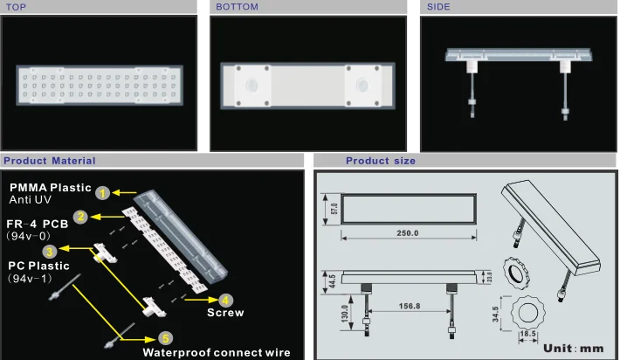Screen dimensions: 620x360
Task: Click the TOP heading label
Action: pos(16,7)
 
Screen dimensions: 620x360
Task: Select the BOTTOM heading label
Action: pos(237,7)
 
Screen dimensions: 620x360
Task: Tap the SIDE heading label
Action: pos(438,7)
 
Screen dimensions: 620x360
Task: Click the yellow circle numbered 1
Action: pos(103,193)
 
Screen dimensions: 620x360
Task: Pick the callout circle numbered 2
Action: pos(80,217)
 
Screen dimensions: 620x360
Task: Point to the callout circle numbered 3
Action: pos(50,252)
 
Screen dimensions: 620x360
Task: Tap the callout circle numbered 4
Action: pos(225,301)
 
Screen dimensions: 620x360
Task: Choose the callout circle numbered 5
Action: pos(165,339)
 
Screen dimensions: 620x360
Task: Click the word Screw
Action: pos(225,313)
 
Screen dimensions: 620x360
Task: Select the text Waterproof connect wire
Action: pos(217,352)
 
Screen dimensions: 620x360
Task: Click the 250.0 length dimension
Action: pos(408,233)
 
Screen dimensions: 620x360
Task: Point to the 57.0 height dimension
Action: pos(334,209)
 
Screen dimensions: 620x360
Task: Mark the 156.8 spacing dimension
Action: pos(410,306)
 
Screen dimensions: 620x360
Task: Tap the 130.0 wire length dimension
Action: pos(344,314)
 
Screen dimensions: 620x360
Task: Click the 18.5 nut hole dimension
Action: pos(527,334)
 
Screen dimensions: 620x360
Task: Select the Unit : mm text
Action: pos(574,349)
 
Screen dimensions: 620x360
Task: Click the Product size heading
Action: pos(381,161)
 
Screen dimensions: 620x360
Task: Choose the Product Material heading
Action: pos(50,161)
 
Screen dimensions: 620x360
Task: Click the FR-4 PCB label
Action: pos(38,224)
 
